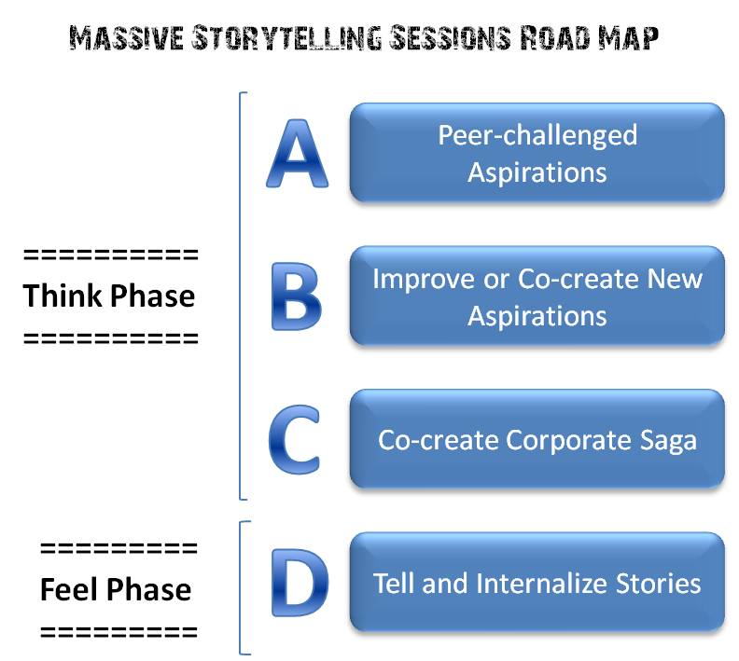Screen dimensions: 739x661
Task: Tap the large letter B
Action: click(297, 296)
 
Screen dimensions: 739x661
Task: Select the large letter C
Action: click(295, 439)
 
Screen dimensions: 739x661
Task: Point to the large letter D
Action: click(300, 583)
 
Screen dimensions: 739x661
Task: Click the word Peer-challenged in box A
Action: click(537, 136)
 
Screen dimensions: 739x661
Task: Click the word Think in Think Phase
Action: click(63, 296)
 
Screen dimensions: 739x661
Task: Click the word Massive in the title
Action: click(126, 38)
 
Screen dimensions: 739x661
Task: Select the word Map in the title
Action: click(628, 38)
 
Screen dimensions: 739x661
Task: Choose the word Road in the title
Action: click(555, 38)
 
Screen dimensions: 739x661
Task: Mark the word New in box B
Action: click(675, 279)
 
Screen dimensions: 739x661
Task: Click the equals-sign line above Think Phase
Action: click(111, 255)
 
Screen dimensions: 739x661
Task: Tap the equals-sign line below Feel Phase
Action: click(119, 632)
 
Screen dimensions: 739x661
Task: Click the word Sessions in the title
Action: click(451, 37)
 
